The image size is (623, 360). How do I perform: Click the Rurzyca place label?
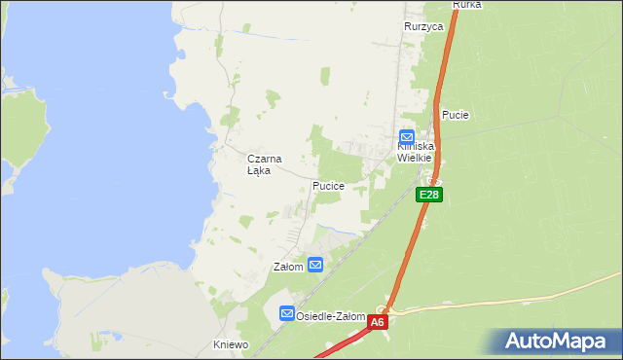(424, 27)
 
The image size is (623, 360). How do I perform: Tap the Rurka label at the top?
(467, 5)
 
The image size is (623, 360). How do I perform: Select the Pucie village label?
(456, 115)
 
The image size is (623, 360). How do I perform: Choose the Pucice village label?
(328, 185)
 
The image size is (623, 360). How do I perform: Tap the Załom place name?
(288, 267)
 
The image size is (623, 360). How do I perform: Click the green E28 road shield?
(429, 196)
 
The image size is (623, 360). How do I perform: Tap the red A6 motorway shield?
(378, 321)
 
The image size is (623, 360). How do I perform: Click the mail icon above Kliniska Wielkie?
(407, 137)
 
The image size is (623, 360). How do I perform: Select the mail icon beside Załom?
(315, 265)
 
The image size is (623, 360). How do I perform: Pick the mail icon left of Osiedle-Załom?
(287, 313)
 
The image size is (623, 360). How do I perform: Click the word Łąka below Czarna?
(259, 170)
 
